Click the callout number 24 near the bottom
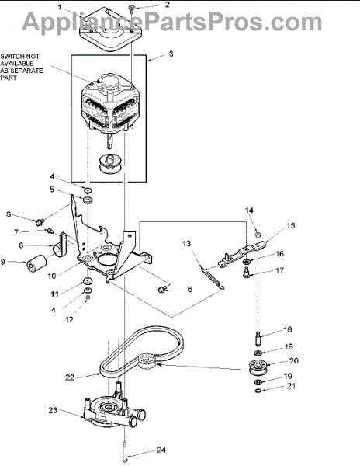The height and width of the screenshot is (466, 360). [161, 450]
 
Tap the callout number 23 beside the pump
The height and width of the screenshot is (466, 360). [53, 410]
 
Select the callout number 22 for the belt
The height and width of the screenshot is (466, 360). [70, 377]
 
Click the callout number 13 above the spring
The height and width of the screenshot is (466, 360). [187, 244]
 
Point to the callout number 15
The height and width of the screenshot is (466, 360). [291, 225]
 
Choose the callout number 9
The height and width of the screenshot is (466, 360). [3, 262]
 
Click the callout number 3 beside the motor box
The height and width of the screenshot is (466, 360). [171, 54]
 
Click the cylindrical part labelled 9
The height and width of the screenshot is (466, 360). [36, 263]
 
